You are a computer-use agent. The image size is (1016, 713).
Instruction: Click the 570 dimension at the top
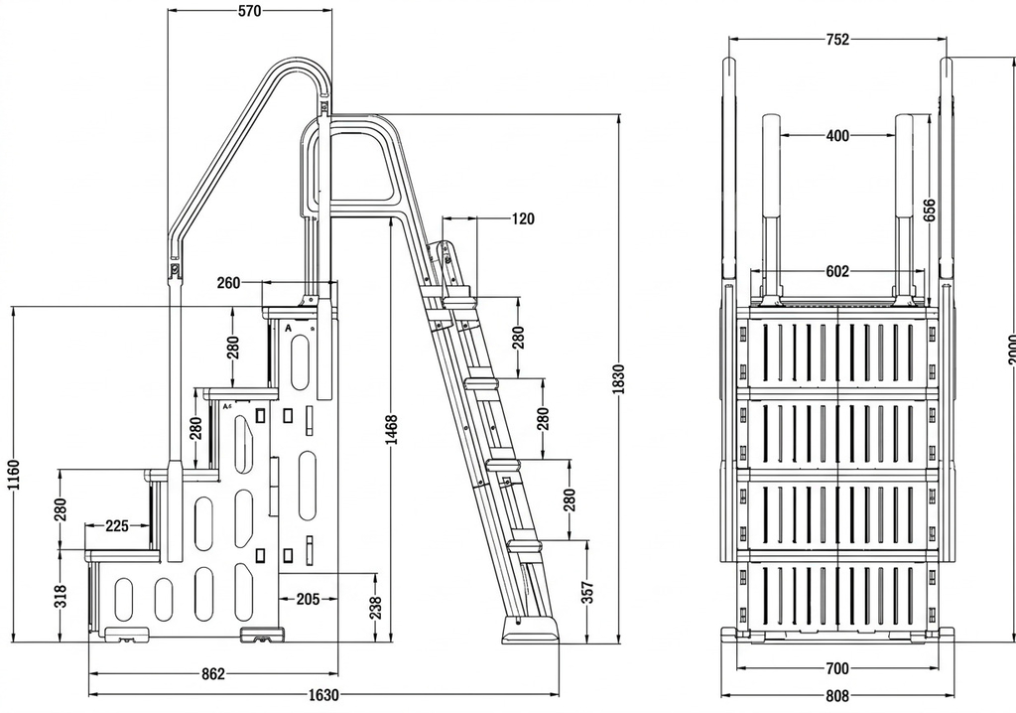(x=249, y=11)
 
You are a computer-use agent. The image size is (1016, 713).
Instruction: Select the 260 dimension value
(x=228, y=283)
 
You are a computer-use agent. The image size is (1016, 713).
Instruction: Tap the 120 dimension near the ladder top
(x=522, y=218)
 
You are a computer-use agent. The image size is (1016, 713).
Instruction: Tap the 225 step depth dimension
(x=117, y=526)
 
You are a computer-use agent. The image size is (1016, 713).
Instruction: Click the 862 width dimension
(x=212, y=673)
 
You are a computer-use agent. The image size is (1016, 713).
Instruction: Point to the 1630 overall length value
(x=324, y=694)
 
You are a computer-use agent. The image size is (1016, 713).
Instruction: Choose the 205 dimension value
(x=308, y=598)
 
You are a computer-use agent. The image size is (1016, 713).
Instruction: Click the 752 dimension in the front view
(x=837, y=40)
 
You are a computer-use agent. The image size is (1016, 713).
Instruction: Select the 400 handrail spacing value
(x=837, y=136)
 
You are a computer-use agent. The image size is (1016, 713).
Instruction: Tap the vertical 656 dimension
(x=929, y=210)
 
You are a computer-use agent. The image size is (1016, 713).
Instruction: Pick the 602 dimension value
(x=837, y=271)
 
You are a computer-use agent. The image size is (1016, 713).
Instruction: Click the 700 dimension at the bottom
(x=837, y=668)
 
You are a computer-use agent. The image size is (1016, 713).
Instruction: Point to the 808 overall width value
(x=837, y=694)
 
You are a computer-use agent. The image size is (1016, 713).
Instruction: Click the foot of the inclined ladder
(x=531, y=631)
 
